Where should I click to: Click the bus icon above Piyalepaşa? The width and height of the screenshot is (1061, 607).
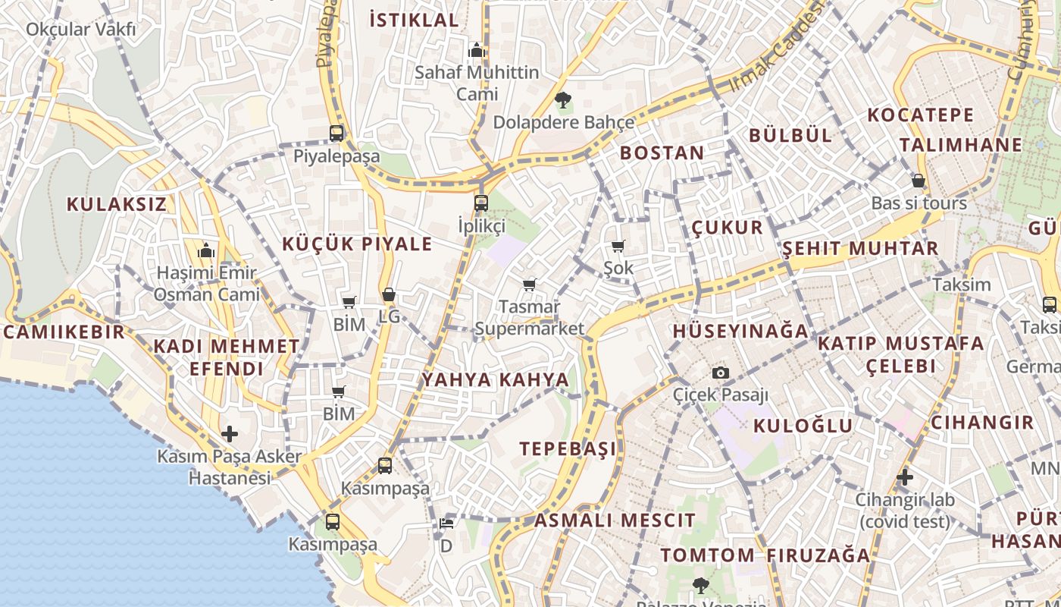click(336, 134)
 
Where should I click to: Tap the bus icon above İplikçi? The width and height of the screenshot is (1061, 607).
click(481, 203)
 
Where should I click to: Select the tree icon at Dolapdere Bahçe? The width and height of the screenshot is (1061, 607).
click(562, 100)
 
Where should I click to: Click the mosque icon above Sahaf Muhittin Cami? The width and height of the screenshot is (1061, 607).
click(477, 50)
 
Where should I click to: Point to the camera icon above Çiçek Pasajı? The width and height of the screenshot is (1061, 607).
click(721, 373)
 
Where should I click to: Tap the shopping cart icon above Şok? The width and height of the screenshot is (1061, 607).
click(618, 246)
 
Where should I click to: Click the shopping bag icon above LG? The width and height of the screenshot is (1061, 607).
click(389, 294)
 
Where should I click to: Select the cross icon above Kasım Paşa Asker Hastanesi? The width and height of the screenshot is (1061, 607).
click(230, 434)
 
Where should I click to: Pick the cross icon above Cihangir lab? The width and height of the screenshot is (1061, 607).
click(905, 477)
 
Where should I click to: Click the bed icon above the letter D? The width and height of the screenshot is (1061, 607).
click(446, 524)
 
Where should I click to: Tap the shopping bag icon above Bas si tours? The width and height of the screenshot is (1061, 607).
click(919, 181)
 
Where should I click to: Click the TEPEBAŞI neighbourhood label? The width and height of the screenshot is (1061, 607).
click(568, 448)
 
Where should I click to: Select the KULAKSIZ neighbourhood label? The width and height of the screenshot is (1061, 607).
click(116, 204)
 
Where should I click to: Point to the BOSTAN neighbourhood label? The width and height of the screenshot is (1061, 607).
click(662, 153)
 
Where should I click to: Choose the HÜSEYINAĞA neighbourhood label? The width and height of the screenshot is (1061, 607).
click(741, 331)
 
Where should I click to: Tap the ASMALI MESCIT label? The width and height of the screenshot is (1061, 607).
click(615, 521)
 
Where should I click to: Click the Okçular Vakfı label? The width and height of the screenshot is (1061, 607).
click(81, 30)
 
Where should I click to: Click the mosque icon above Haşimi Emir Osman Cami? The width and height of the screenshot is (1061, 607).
click(205, 251)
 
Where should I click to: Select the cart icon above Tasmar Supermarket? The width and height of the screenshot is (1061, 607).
click(530, 285)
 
